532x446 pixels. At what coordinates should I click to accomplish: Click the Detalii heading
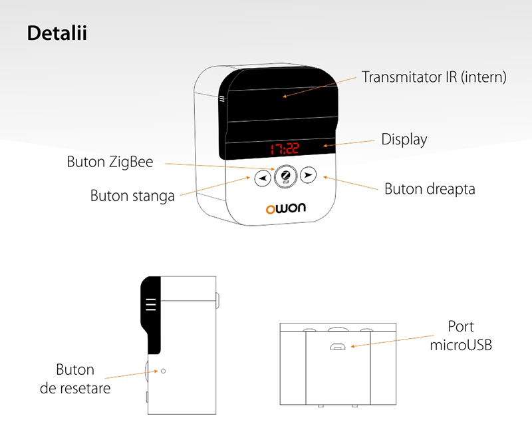[x=57, y=33]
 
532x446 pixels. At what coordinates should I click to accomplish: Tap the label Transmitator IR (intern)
[x=434, y=77]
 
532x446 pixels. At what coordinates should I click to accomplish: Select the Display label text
[x=404, y=140]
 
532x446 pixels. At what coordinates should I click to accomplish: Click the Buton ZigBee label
[x=110, y=162]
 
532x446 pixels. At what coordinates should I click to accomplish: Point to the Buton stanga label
[x=132, y=196]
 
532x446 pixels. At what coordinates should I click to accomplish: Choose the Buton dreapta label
[x=430, y=189]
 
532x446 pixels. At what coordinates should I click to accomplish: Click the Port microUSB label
[x=461, y=335]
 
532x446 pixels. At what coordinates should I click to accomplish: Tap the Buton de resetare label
[x=75, y=379]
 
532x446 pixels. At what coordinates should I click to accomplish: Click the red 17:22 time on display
[x=285, y=149]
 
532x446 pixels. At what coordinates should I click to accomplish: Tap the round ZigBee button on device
[x=285, y=176]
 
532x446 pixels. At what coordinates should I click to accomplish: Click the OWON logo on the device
[x=286, y=208]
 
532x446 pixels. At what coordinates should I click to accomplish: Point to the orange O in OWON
[x=271, y=210]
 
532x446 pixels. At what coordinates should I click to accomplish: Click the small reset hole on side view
[x=163, y=371]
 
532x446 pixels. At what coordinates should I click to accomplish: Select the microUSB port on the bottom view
[x=338, y=346]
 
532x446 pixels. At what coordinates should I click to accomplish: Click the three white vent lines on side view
[x=151, y=305]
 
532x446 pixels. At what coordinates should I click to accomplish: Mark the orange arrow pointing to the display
[x=348, y=143]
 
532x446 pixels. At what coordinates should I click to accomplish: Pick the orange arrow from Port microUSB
[x=392, y=341]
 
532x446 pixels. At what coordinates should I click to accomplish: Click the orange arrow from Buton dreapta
[x=350, y=183]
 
